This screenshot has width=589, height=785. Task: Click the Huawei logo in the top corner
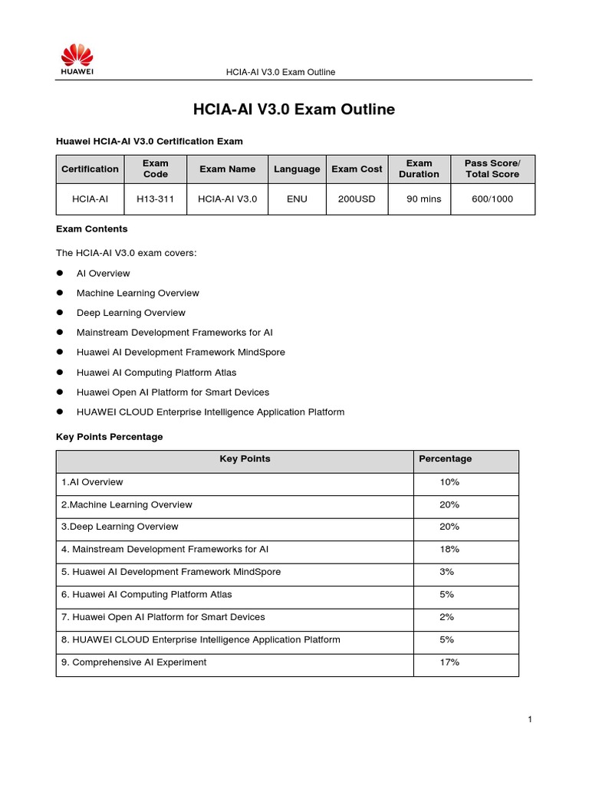pos(77,60)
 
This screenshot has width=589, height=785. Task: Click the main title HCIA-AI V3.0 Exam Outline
pos(294,110)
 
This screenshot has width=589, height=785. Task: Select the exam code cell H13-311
pos(156,199)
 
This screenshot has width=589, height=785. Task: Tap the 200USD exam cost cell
pos(357,199)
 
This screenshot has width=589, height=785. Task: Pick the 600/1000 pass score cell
pos(492,199)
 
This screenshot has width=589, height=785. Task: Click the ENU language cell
pos(297,199)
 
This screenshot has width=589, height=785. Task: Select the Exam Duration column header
pos(419,169)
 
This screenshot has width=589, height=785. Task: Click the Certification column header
pos(90,169)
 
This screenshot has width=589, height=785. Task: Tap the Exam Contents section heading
pos(92,229)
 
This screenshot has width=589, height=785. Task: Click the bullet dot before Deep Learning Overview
pos(60,313)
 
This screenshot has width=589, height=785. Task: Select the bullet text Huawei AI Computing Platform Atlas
pos(156,373)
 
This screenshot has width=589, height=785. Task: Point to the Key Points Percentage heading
pos(110,437)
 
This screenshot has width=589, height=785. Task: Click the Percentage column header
pos(445,459)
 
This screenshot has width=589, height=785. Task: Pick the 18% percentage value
pos(449,550)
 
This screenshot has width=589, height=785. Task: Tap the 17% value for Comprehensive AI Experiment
pos(449,662)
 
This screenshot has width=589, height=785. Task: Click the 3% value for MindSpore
pos(447,572)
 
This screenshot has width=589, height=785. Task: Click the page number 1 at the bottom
pos(530,719)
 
